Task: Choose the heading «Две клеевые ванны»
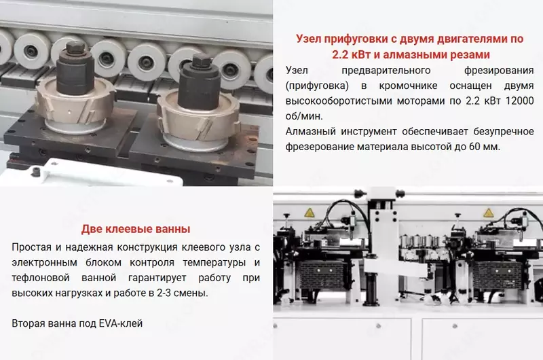136,229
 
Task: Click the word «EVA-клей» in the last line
123,323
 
